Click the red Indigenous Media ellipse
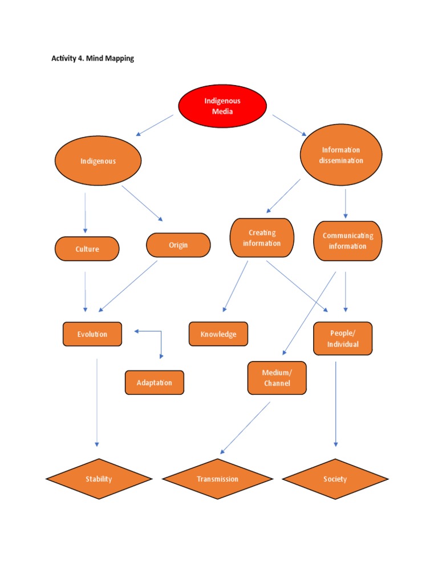(x=222, y=106)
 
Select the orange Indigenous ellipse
(x=98, y=161)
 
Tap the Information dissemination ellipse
(x=340, y=155)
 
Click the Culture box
(x=87, y=249)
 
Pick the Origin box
(x=178, y=245)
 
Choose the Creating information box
(x=262, y=238)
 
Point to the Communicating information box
(x=347, y=241)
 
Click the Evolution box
(x=92, y=334)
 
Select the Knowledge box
(x=218, y=334)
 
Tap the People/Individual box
(x=343, y=339)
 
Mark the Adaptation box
(x=154, y=383)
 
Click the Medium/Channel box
(x=277, y=378)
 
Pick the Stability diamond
(x=99, y=479)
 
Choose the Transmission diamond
(x=218, y=479)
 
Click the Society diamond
(x=335, y=479)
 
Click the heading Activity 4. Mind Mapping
(x=92, y=58)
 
